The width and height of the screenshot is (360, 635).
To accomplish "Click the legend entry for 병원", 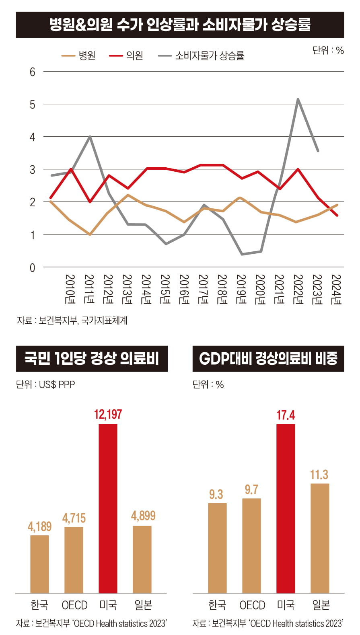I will tap(79, 55).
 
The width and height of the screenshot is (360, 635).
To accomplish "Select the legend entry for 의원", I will tap(126, 55).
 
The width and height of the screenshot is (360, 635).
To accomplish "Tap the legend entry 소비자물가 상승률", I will tap(201, 55).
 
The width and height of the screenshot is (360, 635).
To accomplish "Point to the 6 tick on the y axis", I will tap(32, 72).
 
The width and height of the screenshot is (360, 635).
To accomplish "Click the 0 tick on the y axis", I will tap(32, 268).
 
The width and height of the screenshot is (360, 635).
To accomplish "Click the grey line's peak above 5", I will tap(298, 99).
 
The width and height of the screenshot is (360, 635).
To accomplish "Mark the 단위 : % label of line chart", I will tap(328, 50).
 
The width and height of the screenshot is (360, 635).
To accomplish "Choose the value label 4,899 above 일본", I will tap(143, 516).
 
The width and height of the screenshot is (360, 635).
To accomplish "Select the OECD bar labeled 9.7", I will tap(251, 545).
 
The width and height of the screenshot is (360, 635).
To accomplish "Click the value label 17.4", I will tap(286, 415).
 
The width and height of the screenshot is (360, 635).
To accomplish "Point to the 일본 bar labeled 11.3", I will tap(320, 538).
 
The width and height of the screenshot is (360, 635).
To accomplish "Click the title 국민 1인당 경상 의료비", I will tap(92, 358).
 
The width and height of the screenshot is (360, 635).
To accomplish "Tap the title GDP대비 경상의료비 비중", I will tap(268, 358).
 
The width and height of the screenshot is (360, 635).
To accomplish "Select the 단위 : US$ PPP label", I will tap(45, 384).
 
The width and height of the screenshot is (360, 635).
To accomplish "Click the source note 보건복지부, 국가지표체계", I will tap(72, 321).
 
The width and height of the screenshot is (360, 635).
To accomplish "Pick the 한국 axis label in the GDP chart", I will tap(217, 605).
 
